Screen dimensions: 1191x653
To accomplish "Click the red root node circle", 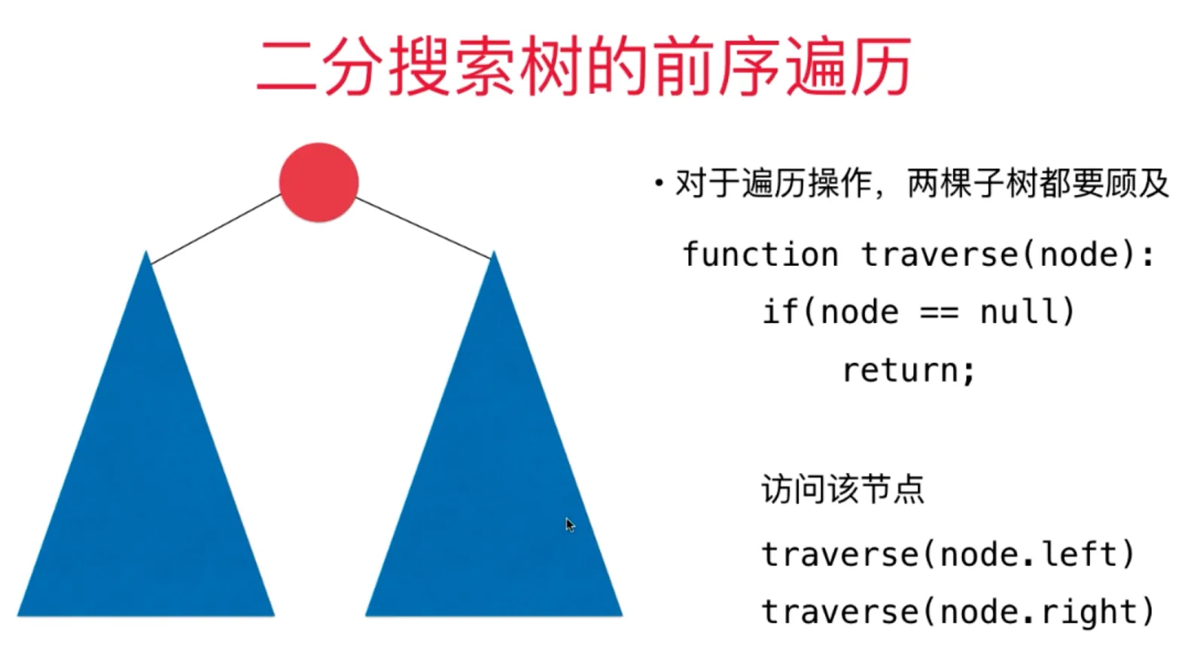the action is [x=319, y=182].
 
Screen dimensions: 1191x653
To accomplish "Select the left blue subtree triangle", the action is [x=146, y=478].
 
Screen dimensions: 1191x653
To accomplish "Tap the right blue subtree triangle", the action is [x=494, y=478].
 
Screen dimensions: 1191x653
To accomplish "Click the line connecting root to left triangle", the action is [x=216, y=229].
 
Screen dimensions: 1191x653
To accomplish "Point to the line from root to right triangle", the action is [x=424, y=228].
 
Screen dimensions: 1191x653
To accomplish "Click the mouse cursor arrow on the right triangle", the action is [x=570, y=525].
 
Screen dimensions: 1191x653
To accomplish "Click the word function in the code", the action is [x=761, y=254].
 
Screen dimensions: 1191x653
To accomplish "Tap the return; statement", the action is [x=909, y=370].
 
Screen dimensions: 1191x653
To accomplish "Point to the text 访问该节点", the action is [x=843, y=490].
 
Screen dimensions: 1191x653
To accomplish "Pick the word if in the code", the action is [x=780, y=311].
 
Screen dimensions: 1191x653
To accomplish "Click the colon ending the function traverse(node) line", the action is [x=1149, y=256].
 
